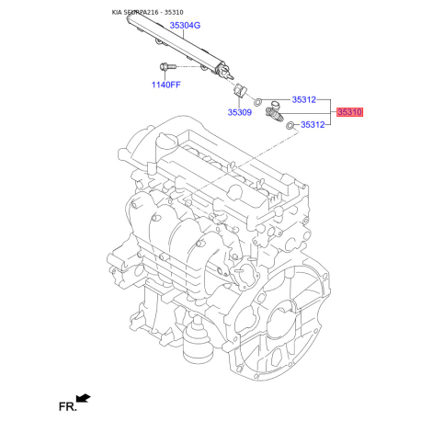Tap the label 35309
[240, 112]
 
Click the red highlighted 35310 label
[350, 111]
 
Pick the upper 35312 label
[304, 99]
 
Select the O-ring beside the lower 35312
[290, 124]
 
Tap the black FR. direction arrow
[85, 398]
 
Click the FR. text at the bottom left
[66, 404]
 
